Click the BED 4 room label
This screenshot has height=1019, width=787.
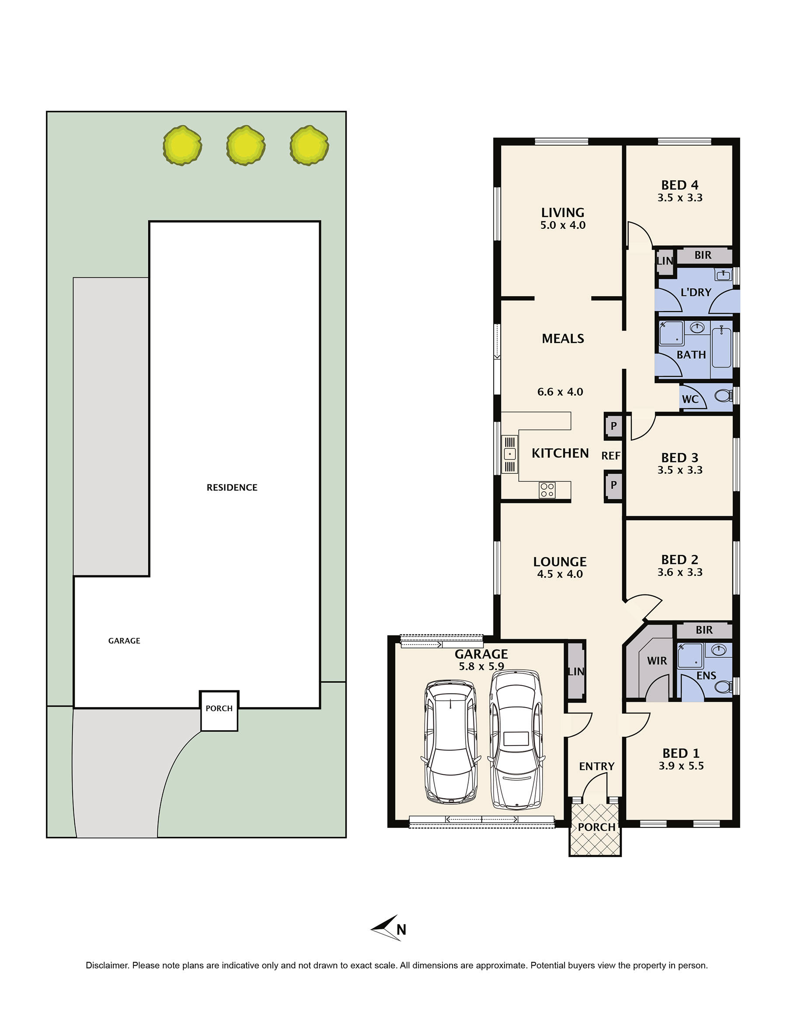click(680, 185)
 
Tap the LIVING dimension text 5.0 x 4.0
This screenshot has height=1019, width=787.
click(563, 225)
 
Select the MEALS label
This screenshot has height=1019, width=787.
click(563, 339)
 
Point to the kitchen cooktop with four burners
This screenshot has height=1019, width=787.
click(547, 490)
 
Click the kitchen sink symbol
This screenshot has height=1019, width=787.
click(510, 454)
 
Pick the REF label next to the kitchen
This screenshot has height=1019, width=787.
click(611, 455)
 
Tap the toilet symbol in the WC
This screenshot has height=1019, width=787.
click(723, 396)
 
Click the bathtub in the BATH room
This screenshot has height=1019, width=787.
click(721, 347)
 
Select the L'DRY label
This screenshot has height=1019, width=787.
click(696, 292)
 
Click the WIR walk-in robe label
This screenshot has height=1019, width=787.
click(657, 661)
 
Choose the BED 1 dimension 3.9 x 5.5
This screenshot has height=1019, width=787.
click(681, 766)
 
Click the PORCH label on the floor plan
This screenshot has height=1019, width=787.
click(597, 827)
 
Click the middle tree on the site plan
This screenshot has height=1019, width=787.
click(246, 145)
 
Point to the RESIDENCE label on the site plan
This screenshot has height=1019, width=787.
click(232, 487)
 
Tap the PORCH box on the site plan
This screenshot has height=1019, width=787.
click(219, 711)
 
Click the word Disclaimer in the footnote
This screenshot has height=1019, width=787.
click(107, 965)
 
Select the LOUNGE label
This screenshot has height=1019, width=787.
click(560, 562)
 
